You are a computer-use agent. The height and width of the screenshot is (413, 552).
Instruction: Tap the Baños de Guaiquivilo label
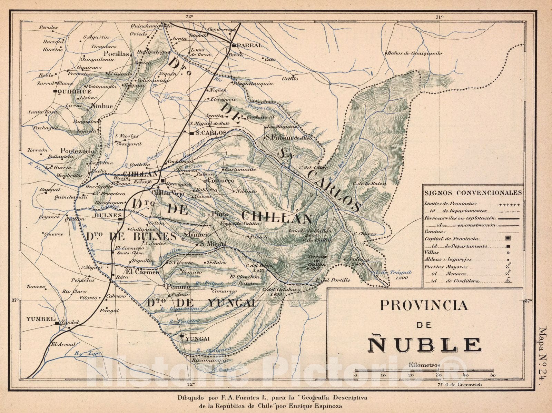tap(414, 53)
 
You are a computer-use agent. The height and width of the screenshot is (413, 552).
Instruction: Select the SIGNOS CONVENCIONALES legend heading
tap(473, 193)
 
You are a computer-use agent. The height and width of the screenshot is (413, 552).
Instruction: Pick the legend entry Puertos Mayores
tap(446, 267)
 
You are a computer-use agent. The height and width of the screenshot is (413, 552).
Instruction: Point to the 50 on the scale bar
tap(493, 375)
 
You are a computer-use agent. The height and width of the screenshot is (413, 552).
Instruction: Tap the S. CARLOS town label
tap(210, 133)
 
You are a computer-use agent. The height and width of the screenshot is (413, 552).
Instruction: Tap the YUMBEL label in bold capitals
tap(40, 319)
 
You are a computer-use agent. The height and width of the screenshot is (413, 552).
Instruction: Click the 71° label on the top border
tap(439, 16)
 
